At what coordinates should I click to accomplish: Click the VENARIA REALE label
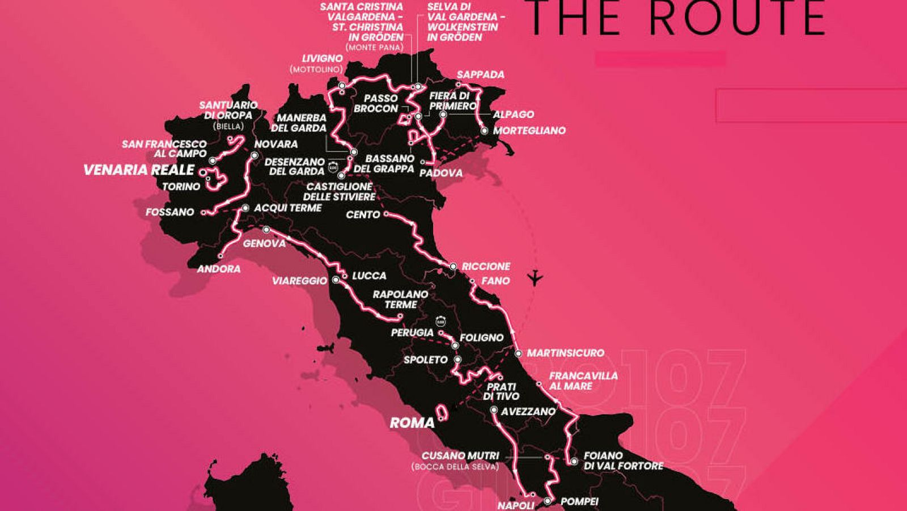click(x=139, y=170)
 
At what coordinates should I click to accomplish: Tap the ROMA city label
click(x=412, y=423)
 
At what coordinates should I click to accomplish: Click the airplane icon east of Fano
click(x=535, y=278)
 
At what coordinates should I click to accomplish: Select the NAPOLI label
click(x=516, y=505)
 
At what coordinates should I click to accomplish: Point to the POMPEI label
click(x=579, y=501)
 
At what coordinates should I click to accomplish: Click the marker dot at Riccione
click(x=453, y=266)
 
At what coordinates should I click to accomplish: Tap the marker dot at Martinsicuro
click(x=518, y=353)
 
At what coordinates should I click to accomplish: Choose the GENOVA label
click(x=264, y=243)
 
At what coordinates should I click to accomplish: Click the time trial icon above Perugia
click(x=440, y=322)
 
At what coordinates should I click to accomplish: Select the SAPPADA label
click(x=480, y=74)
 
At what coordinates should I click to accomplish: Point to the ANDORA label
click(x=218, y=269)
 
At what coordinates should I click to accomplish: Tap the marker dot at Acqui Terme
click(x=245, y=208)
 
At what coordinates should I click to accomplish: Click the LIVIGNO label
click(x=322, y=58)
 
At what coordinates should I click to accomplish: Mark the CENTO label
click(x=363, y=214)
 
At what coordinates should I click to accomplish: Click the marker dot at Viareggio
click(x=336, y=280)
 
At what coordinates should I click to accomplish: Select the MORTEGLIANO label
click(x=529, y=130)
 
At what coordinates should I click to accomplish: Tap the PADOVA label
click(x=441, y=173)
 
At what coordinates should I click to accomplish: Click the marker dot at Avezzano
click(x=494, y=410)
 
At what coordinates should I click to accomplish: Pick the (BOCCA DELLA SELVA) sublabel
click(x=455, y=467)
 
